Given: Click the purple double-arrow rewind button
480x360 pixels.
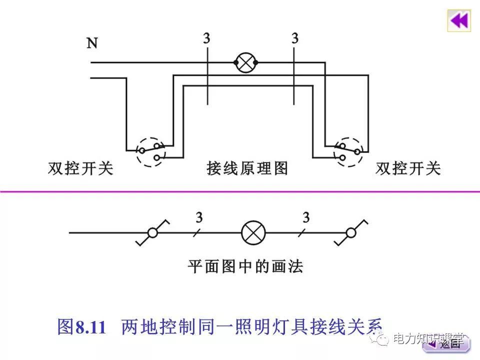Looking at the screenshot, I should click(458, 20).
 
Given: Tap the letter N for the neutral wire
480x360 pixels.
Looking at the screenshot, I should click(92, 43).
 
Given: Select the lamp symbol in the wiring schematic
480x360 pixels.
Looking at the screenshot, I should click(245, 63).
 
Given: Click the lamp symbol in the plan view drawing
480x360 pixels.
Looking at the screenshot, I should click(253, 232).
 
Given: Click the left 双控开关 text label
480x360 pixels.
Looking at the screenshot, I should click(80, 168).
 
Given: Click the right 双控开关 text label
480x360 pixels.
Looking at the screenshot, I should click(408, 168).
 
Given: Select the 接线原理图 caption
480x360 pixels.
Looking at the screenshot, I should click(247, 168).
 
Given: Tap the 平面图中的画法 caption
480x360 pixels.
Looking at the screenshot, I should click(245, 265).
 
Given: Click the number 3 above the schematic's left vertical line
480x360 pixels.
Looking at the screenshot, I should click(206, 38).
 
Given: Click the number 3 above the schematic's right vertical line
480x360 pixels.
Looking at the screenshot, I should click(295, 38).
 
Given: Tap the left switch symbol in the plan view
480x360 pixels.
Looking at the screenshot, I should click(152, 232).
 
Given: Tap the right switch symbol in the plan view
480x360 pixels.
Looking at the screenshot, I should click(352, 232).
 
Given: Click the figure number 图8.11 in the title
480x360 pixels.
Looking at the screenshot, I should click(82, 327).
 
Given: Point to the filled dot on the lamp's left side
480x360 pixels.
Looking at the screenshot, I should click(235, 62).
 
